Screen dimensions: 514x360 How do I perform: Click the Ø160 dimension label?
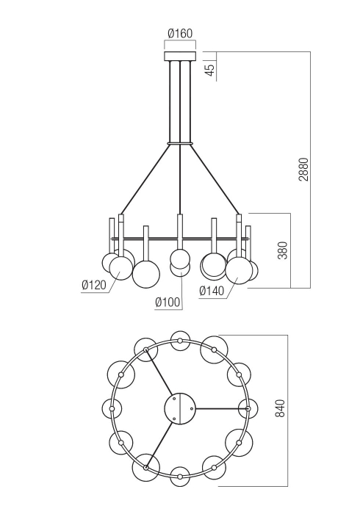(180, 33)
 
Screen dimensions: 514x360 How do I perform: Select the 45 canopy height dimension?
(209, 70)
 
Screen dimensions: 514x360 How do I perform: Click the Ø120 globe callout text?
(94, 286)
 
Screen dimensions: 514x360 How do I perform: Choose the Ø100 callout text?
(168, 301)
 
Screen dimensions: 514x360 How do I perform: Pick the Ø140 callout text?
(212, 291)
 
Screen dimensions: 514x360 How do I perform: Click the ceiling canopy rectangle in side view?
(180, 56)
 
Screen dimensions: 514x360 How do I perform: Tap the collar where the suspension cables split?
(180, 142)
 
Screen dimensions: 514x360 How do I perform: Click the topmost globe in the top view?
(180, 340)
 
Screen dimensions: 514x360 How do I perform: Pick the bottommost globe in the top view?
(180, 475)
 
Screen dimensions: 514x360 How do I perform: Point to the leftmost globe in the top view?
(112, 408)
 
